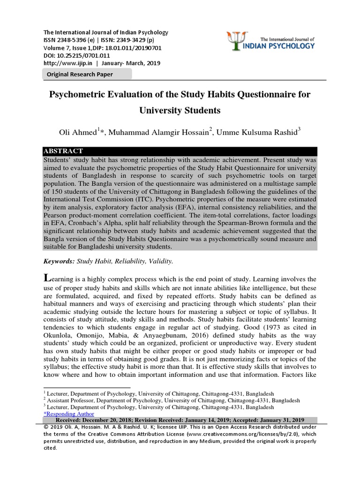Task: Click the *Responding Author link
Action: (68, 414)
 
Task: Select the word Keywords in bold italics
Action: (59, 261)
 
